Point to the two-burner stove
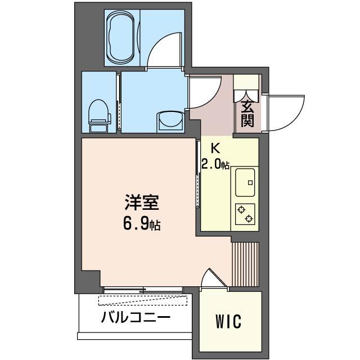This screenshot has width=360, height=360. point(246,213)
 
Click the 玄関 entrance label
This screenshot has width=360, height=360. point(247,113)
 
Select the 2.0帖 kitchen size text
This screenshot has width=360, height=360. point(215,164)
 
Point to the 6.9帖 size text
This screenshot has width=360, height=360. point(141,224)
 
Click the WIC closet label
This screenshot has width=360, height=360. point(228,322)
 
